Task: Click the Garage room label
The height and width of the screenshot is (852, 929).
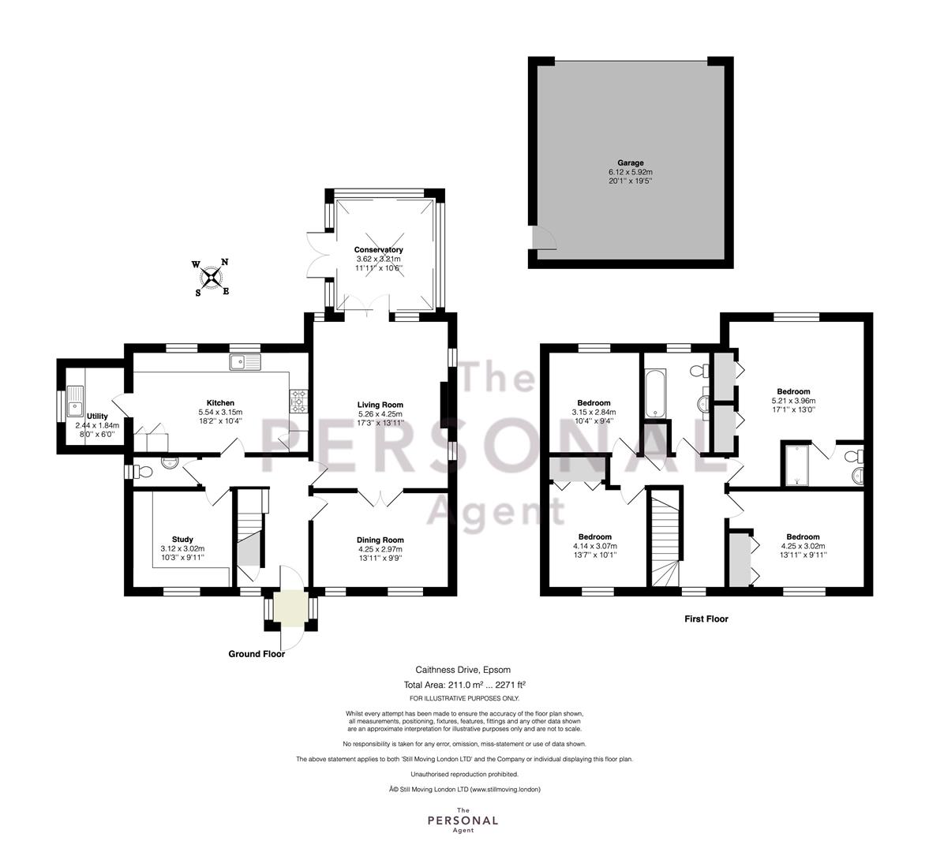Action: click(631, 163)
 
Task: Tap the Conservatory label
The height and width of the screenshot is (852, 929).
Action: click(379, 250)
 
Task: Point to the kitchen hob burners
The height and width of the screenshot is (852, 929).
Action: click(298, 400)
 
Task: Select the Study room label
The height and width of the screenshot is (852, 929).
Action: click(182, 540)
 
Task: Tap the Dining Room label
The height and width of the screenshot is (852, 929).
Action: click(380, 540)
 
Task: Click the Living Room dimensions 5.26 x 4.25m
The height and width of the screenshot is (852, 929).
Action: click(380, 414)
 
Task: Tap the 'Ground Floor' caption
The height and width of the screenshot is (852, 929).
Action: click(257, 654)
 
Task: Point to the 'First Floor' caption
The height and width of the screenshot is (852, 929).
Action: click(706, 618)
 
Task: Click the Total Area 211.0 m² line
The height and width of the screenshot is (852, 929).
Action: click(464, 685)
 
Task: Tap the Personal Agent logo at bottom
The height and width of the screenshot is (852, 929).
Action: click(463, 820)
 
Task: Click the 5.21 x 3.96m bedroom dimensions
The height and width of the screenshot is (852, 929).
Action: click(793, 400)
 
